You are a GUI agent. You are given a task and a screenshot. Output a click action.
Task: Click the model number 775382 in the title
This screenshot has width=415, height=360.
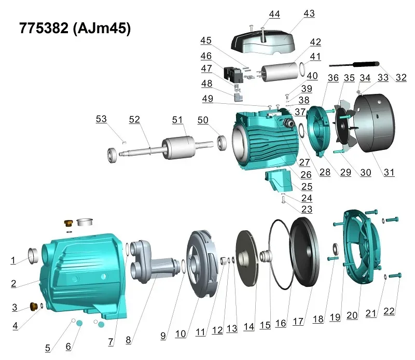coord(44,28)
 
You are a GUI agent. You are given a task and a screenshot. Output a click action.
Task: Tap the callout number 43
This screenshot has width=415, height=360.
coord(309,13)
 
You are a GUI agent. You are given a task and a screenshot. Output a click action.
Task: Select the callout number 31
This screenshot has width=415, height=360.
coord(389,172)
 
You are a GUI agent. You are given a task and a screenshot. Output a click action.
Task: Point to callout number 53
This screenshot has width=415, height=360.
coord(101,119)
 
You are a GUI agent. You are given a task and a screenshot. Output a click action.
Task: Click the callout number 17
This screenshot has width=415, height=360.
coord(298,321)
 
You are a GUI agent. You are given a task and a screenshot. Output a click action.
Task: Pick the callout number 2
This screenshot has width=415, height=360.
coord(14,284)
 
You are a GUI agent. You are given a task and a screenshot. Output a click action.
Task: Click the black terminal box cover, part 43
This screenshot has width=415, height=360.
coord(263,43)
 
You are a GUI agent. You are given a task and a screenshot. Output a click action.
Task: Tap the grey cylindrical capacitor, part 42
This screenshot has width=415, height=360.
coord(280,72)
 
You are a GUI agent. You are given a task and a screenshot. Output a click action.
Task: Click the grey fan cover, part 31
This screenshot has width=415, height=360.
coord(374,123)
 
